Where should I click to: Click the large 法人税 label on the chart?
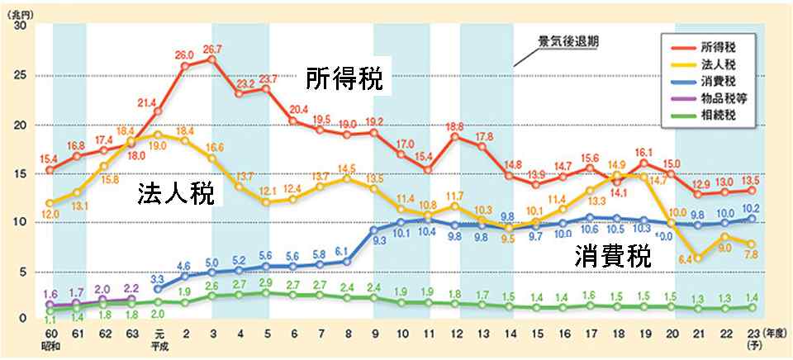pos(176,195)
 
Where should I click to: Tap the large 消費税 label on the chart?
pos(613,256)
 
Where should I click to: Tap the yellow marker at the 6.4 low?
pos(700,258)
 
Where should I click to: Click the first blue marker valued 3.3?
pos(158,289)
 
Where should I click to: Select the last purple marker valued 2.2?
pos(131,299)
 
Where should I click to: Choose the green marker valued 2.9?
pos(265,293)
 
